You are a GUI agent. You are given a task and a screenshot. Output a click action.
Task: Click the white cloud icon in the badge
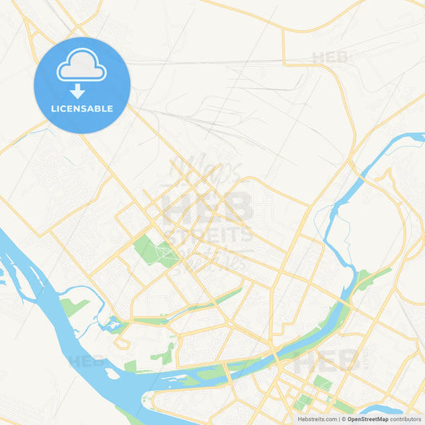coord(81,68)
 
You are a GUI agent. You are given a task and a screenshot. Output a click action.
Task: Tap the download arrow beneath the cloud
coord(81,92)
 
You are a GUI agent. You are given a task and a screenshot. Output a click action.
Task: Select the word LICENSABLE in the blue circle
coord(81,108)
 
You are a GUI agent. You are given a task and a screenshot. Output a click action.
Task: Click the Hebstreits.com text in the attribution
coord(316,419)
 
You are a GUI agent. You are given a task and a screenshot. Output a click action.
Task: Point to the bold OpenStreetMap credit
coord(368,419)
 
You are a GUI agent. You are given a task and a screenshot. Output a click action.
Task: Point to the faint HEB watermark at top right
coord(332,57)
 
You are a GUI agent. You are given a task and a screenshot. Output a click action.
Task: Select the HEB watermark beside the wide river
coord(88,361)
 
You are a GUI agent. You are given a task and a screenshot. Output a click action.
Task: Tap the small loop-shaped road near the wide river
coord(120,344)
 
